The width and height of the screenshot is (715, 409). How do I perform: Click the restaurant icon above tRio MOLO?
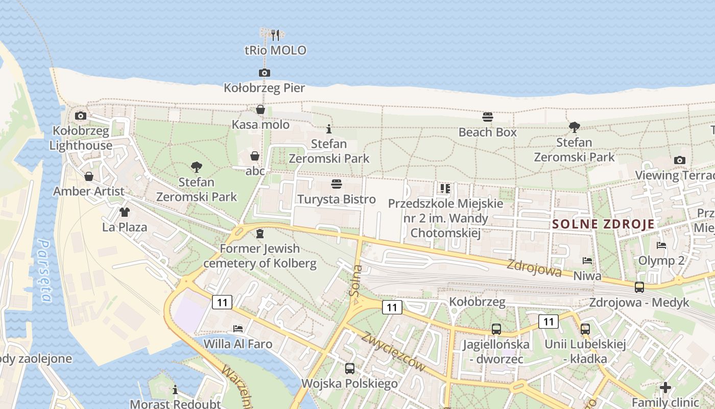point(275,35)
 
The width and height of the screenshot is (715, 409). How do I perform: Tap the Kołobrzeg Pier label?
point(264,88)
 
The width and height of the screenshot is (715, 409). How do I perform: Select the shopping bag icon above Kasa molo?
point(260,109)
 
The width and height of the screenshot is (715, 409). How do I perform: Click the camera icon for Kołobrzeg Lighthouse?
point(80,116)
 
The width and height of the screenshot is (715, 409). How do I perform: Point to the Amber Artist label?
point(88,192)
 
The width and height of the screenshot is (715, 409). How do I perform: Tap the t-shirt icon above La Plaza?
point(124,212)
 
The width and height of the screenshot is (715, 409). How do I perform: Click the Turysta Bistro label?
point(337,199)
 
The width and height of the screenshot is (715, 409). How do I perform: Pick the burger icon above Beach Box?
point(487,117)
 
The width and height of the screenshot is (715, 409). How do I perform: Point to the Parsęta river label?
point(44,271)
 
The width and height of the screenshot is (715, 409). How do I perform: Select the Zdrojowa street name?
point(534,268)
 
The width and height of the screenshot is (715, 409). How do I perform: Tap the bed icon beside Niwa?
point(587,261)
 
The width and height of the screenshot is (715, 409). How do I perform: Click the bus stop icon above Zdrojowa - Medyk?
point(639,287)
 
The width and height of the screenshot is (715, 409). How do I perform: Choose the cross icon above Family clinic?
point(664,387)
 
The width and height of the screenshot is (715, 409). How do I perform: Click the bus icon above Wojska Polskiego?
point(349,368)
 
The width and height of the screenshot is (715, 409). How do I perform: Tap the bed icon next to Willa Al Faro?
point(237,328)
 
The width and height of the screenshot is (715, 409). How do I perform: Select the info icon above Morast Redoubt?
point(175,390)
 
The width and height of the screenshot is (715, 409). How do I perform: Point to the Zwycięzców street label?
point(393,351)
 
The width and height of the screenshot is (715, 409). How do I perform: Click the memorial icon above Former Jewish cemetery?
point(260,234)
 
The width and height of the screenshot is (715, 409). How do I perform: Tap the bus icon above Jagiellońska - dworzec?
point(496,329)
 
